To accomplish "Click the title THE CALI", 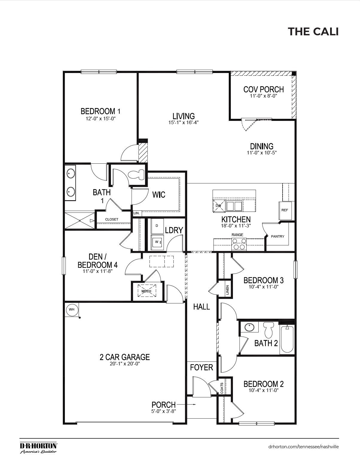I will click(x=313, y=31).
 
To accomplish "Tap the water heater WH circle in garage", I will click(x=72, y=309).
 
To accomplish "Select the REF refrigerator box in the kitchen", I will click(x=285, y=210).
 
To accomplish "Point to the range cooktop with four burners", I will click(x=239, y=244).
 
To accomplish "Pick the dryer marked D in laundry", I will click(x=157, y=226).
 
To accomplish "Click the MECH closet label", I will click(x=147, y=291).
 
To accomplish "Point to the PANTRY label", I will click(x=277, y=236).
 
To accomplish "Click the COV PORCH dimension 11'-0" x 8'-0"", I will click(x=263, y=96).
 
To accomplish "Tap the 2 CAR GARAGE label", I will click(x=125, y=357).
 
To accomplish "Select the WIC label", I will click(x=158, y=195).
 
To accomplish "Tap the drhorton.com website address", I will click(x=303, y=446).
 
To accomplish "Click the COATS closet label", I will click(x=222, y=388).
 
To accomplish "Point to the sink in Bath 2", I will click(x=248, y=327).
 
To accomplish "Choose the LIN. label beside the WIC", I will click(x=137, y=213).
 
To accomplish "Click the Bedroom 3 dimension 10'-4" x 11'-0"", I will click(x=263, y=286).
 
